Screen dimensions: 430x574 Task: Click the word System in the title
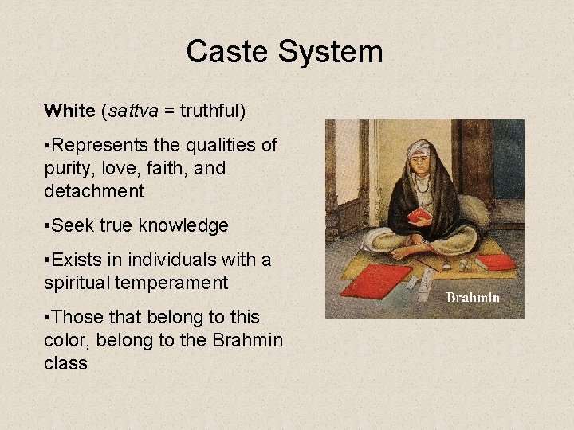tap(331, 52)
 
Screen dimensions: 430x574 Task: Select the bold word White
tap(69, 111)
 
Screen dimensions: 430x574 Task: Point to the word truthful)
tap(213, 111)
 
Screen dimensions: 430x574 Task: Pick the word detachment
tap(95, 191)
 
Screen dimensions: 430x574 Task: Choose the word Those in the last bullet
tap(79, 318)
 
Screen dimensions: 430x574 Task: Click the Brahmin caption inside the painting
tap(473, 298)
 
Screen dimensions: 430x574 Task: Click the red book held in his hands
tap(419, 215)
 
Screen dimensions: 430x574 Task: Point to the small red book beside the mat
tap(495, 262)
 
